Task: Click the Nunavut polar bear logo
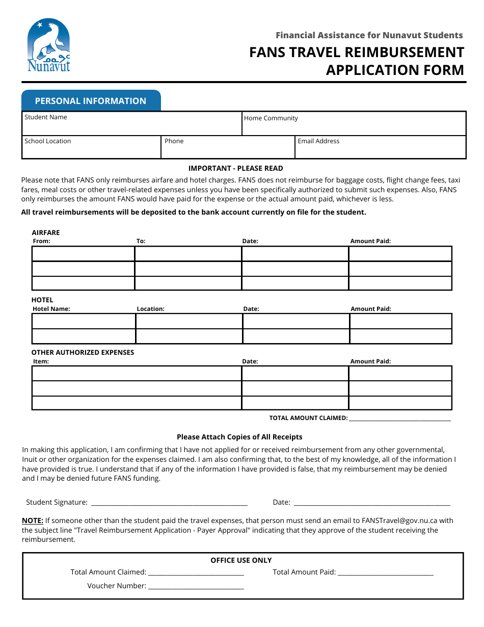click(48, 45)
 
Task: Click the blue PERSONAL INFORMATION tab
click(91, 101)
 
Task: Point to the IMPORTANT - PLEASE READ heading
click(235, 168)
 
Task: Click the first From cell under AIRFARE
click(83, 253)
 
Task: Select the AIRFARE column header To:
click(141, 241)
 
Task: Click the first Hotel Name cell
click(84, 321)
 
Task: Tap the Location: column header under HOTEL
click(150, 309)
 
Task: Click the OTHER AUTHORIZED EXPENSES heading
click(83, 352)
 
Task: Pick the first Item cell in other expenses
click(136, 373)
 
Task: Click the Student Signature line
click(169, 503)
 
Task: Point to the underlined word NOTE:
click(33, 521)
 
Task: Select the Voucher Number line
click(196, 586)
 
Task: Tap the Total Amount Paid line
click(385, 572)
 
